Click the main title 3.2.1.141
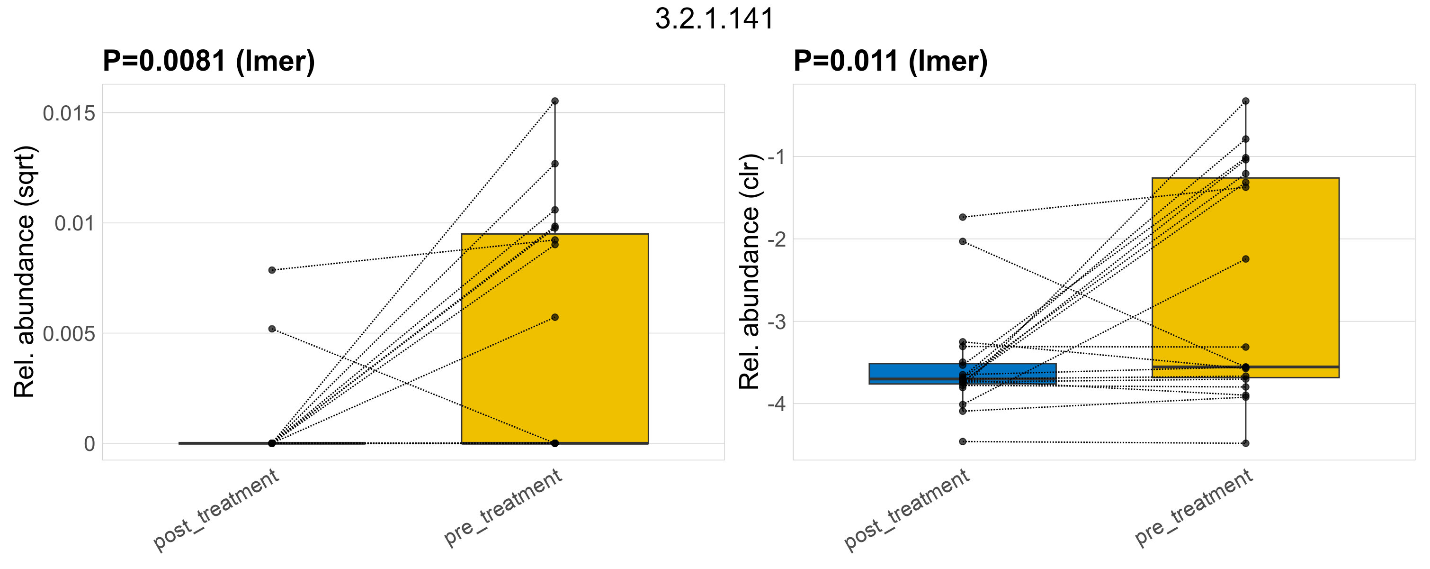coord(715,19)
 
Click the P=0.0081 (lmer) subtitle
coord(209,61)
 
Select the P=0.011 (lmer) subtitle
coord(890,61)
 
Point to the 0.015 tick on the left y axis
coord(70,113)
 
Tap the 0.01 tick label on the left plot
coord(75,223)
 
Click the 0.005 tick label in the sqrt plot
coord(70,333)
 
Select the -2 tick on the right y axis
coord(777,239)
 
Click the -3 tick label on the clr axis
coord(777,322)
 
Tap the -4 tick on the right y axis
coord(777,404)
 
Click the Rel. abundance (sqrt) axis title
coord(25,272)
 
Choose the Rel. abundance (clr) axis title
coord(750,272)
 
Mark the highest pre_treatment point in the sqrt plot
coord(554,101)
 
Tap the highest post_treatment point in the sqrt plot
coord(272,270)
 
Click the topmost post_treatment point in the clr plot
coord(963,217)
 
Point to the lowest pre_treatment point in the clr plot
coord(1245,443)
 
